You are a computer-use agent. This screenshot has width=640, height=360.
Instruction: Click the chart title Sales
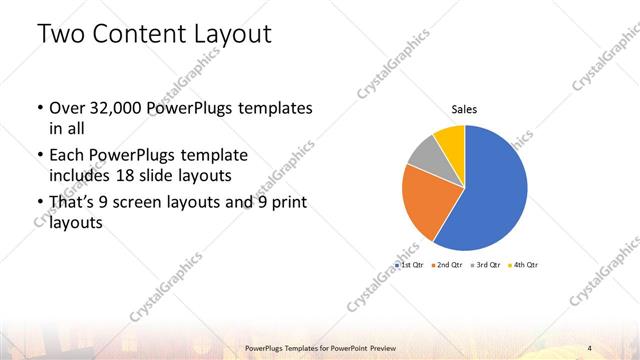464,107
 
